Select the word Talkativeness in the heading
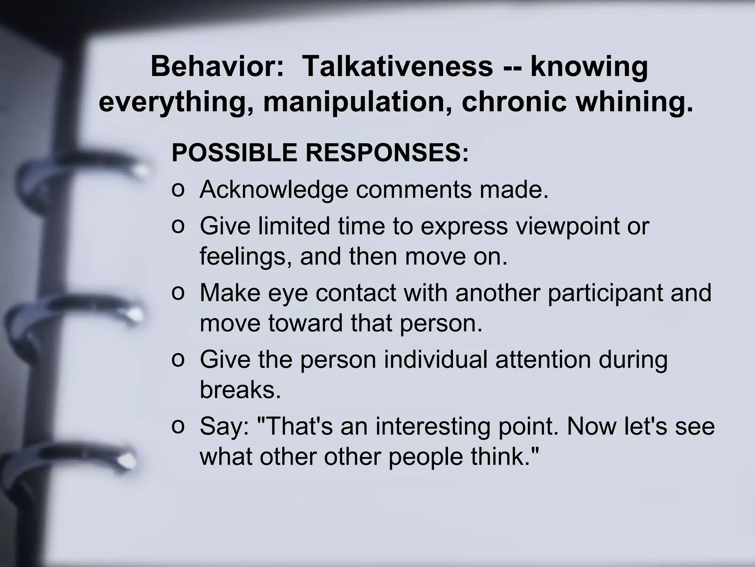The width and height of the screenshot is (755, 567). [397, 66]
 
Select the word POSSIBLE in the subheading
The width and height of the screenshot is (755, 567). [234, 153]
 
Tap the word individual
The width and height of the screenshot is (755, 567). [436, 360]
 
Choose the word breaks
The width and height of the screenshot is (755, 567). [240, 390]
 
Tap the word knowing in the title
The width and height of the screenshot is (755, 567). [589, 66]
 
